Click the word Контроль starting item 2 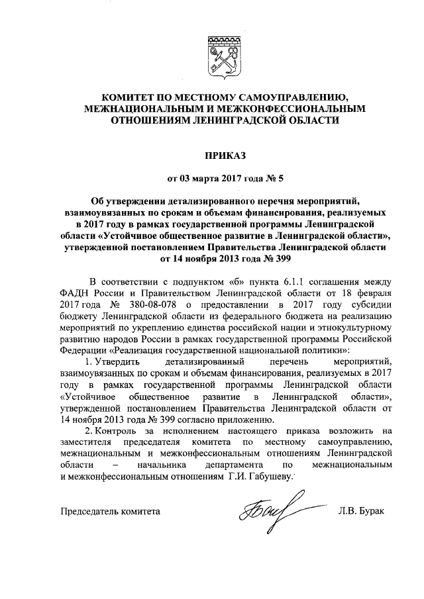coord(111,431)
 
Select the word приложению coord(243,419)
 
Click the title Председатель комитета coord(110,511)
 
